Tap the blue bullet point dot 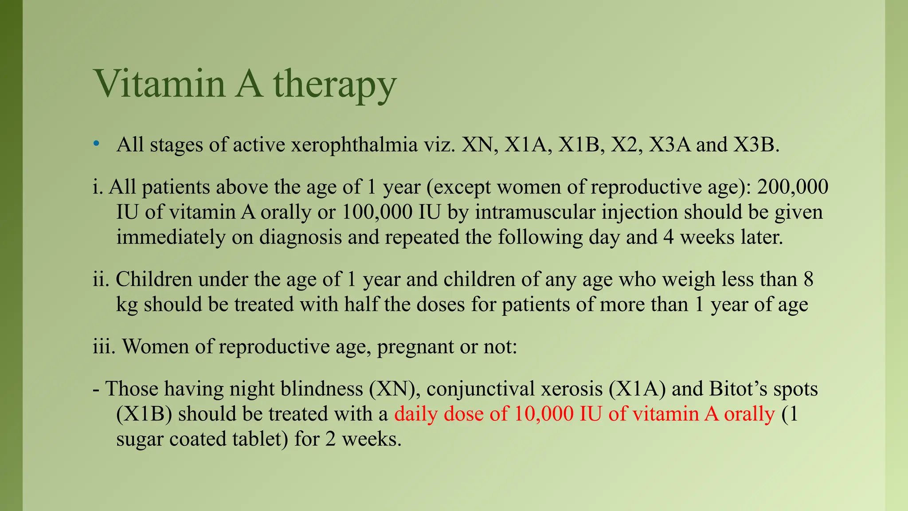tap(96, 144)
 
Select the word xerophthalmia tap(354, 145)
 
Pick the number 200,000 tap(792, 187)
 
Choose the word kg tap(127, 305)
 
